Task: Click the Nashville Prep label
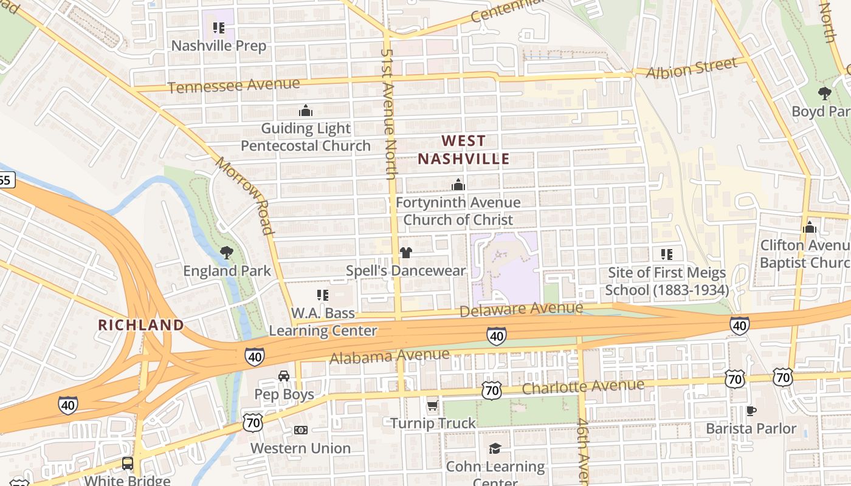pyautogui.click(x=219, y=46)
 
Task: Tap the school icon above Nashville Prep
pyautogui.click(x=219, y=27)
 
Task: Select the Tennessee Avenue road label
pyautogui.click(x=234, y=86)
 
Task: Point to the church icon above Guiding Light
pyautogui.click(x=306, y=111)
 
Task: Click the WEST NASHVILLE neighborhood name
pyautogui.click(x=464, y=150)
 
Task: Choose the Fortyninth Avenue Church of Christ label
pyautogui.click(x=458, y=211)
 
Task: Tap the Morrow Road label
pyautogui.click(x=245, y=196)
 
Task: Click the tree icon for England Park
pyautogui.click(x=227, y=252)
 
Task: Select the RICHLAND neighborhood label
pyautogui.click(x=141, y=325)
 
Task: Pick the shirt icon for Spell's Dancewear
pyautogui.click(x=405, y=253)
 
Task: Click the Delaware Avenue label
pyautogui.click(x=521, y=310)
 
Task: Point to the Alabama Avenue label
pyautogui.click(x=390, y=356)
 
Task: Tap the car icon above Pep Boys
pyautogui.click(x=284, y=376)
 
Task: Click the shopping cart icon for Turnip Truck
pyautogui.click(x=432, y=405)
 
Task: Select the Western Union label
pyautogui.click(x=300, y=448)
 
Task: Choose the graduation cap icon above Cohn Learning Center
pyautogui.click(x=495, y=448)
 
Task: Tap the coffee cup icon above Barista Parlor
pyautogui.click(x=751, y=411)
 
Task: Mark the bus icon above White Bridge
pyautogui.click(x=128, y=463)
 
